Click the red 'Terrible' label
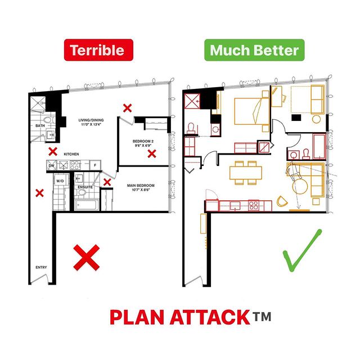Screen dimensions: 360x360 [x=99, y=49]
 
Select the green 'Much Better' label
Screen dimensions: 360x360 [x=254, y=49]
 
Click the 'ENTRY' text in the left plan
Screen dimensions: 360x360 [x=41, y=267]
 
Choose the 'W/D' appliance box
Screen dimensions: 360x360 [x=59, y=181]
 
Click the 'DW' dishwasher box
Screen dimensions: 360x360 [x=51, y=165]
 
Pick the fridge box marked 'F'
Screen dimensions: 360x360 [x=95, y=165]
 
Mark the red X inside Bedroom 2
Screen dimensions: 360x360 [x=151, y=152]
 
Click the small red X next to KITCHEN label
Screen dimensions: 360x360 [x=52, y=150]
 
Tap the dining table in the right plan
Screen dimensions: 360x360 [x=246, y=172]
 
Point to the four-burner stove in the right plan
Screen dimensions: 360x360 [x=253, y=205]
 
